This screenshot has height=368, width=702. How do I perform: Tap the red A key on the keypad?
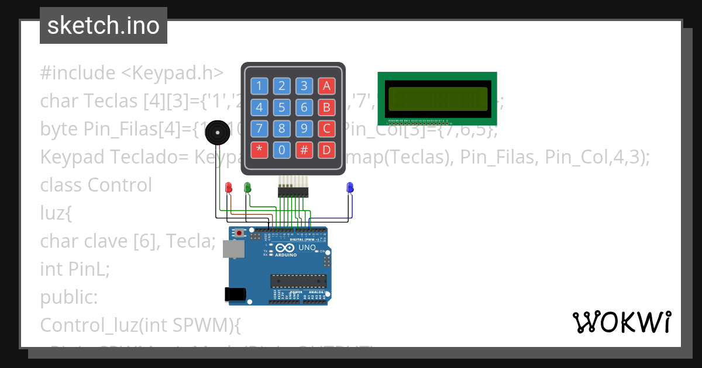click(x=326, y=86)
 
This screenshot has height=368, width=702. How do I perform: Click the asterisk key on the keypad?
click(x=259, y=150)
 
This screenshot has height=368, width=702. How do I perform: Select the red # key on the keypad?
click(x=304, y=150)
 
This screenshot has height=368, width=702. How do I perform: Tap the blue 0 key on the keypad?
click(x=281, y=150)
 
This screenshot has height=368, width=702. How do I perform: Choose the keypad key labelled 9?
click(x=304, y=129)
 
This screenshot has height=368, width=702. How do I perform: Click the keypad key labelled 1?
click(x=259, y=86)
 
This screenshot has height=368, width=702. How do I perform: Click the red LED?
click(x=229, y=187)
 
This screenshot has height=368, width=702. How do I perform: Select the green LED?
click(x=247, y=187)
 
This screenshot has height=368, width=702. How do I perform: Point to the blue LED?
click(x=350, y=187)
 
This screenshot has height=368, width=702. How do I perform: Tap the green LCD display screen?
click(x=438, y=99)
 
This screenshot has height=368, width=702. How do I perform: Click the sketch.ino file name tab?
click(x=104, y=26)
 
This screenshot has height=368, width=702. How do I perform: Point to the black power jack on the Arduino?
click(x=235, y=294)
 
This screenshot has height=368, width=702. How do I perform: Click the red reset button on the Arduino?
click(x=239, y=233)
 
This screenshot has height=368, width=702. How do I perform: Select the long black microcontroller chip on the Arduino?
click(x=298, y=281)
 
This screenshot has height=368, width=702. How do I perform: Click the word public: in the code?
click(x=69, y=297)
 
